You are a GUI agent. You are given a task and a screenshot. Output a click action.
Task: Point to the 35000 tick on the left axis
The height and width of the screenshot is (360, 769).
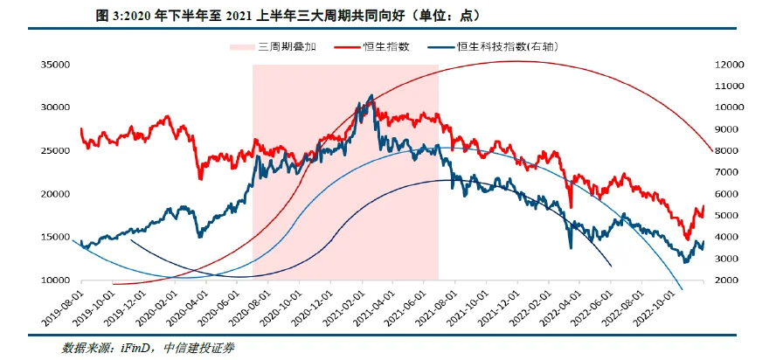coord(53,65)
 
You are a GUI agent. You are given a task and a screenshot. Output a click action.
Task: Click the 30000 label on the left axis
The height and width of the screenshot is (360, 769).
coord(53,107)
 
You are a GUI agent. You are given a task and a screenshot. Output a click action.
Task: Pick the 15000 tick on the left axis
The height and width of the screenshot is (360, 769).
coord(53,237)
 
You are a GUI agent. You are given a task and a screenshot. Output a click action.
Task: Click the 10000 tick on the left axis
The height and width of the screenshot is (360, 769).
coord(53,280)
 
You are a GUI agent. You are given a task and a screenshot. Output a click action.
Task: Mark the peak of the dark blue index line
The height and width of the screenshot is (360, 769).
coord(372,95)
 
